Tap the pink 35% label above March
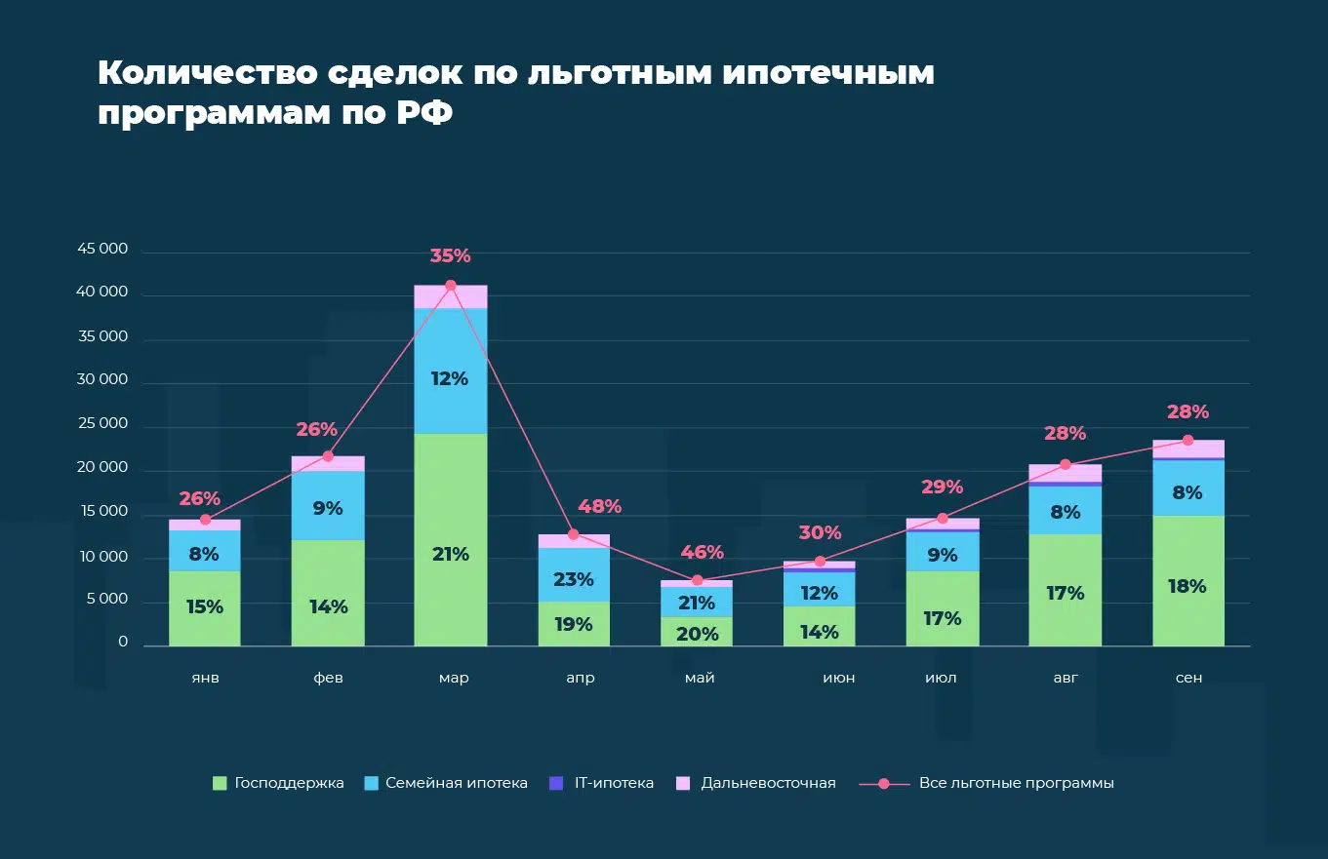(x=450, y=256)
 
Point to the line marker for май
(x=697, y=580)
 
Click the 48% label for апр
(x=599, y=507)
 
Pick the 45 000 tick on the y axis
(x=102, y=249)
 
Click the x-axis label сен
(x=1188, y=678)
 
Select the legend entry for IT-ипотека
(x=602, y=783)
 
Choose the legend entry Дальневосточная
(x=756, y=783)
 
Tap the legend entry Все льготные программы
(x=1016, y=783)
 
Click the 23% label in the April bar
(x=574, y=579)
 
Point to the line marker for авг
(x=1066, y=464)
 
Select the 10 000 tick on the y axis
(x=102, y=557)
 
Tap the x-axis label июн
(x=838, y=678)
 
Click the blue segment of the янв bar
(x=205, y=551)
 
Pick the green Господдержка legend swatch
(x=220, y=783)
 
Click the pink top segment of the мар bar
(x=450, y=296)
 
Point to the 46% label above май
(x=702, y=552)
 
